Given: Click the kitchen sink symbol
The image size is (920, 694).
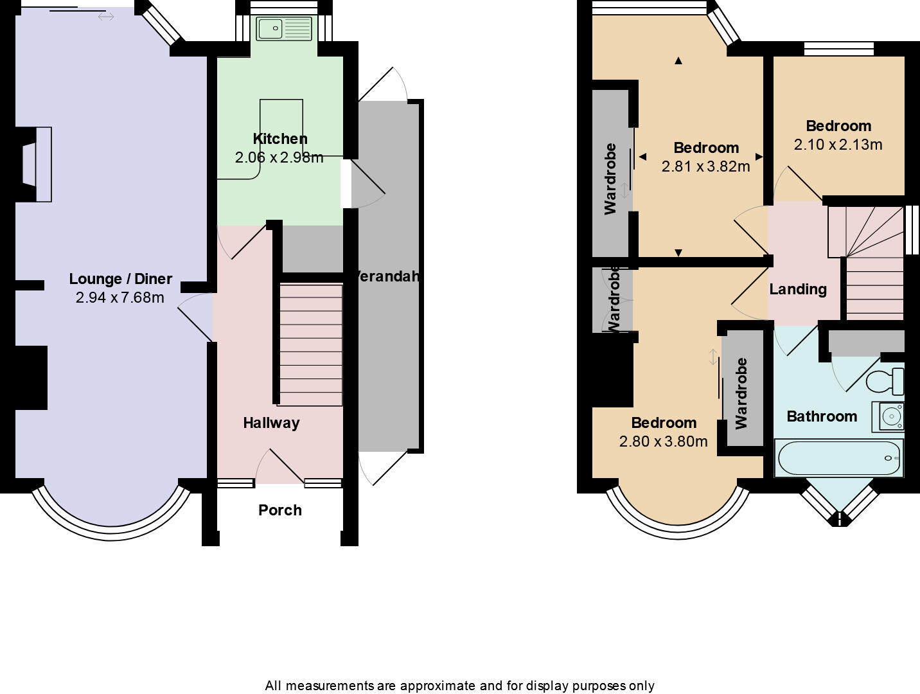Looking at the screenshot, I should coord(284,29).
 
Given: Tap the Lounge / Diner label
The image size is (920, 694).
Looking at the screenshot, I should coord(121,279).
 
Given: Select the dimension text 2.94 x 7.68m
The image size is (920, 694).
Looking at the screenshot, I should coord(119,298).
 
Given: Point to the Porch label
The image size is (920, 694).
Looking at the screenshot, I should coord(279,510).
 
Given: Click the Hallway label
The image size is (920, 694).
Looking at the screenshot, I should coord(271,423).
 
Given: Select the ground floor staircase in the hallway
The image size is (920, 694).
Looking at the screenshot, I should coord(310,344).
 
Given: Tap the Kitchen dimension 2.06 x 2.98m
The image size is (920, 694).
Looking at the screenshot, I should coord(279,157).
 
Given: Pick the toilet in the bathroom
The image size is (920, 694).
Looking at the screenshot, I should coord(885,381).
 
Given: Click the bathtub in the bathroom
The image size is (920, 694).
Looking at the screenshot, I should coord(838,458).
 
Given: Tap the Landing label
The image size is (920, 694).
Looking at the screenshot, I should coord(798,289).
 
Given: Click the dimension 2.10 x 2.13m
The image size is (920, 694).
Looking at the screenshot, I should coord(838,145).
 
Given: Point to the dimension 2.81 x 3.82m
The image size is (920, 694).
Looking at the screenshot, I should coord(705,166).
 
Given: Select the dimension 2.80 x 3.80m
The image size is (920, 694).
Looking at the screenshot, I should coord(663,441).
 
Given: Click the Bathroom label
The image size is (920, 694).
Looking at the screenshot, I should coord(822,416).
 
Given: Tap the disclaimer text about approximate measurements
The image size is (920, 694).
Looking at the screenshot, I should coord(459,686).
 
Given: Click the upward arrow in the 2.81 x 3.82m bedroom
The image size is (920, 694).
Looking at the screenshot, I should coord(678,61).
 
